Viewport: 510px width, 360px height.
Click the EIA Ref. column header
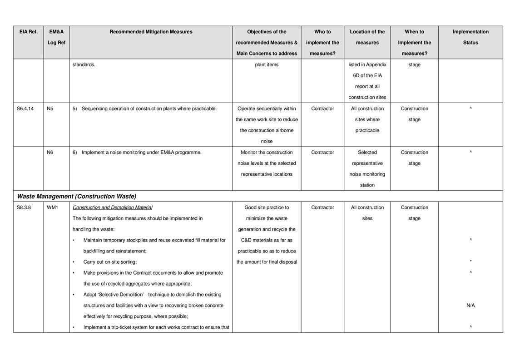28,32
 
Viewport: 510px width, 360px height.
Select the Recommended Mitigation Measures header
151,32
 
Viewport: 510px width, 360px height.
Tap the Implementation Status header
470,37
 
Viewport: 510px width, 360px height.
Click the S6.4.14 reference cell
26,108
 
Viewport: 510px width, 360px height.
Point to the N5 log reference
50,108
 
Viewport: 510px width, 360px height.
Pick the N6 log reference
50,153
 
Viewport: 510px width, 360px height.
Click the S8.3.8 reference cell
24,207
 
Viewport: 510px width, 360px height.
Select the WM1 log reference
52,207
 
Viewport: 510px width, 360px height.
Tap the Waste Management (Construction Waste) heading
76,197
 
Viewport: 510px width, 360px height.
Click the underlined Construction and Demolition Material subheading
112,207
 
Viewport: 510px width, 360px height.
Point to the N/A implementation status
470,306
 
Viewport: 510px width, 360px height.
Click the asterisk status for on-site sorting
470,262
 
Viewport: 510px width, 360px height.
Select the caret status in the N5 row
470,108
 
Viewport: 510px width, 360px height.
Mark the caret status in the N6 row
470,153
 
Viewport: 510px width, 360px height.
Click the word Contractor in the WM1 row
322,207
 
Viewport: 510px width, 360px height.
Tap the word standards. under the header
84,64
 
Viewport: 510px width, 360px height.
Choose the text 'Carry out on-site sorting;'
110,262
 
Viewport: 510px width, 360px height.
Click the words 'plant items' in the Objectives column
267,64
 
